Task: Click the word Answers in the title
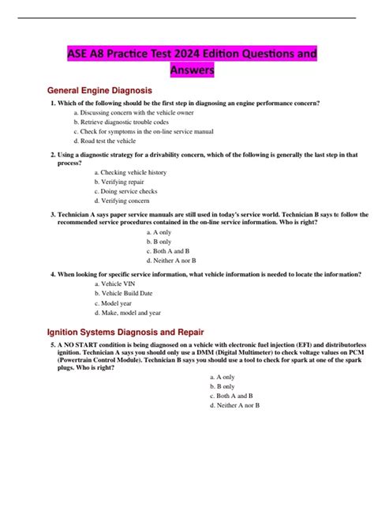193,71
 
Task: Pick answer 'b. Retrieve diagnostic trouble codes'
122,122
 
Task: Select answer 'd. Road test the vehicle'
105,141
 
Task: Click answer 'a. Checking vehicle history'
130,172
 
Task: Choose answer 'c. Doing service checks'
125,191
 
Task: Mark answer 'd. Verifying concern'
122,201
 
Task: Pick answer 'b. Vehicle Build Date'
127,293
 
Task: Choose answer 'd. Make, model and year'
130,312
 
